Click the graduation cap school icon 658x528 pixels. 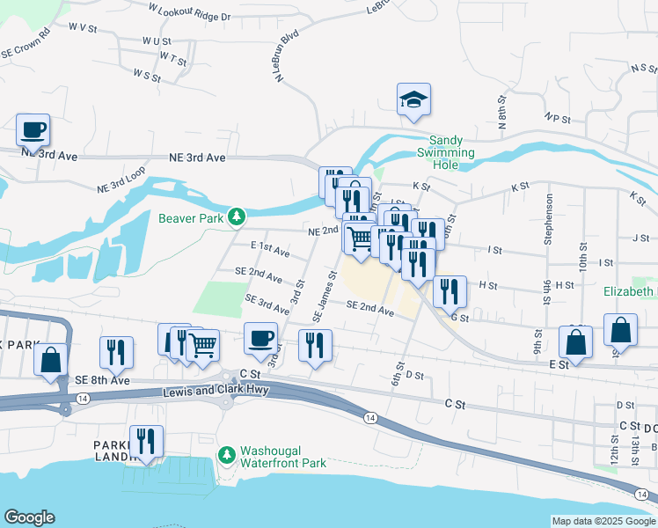(x=413, y=99)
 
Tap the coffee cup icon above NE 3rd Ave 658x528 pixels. (x=33, y=129)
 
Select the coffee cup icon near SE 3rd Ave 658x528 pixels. (x=260, y=338)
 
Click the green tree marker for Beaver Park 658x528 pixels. (x=236, y=216)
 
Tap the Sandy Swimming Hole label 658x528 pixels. (x=452, y=146)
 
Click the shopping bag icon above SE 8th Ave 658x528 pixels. (x=51, y=360)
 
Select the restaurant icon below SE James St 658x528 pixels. (x=315, y=345)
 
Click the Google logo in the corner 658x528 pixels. (x=29, y=517)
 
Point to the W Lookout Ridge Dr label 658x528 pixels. (x=189, y=11)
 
